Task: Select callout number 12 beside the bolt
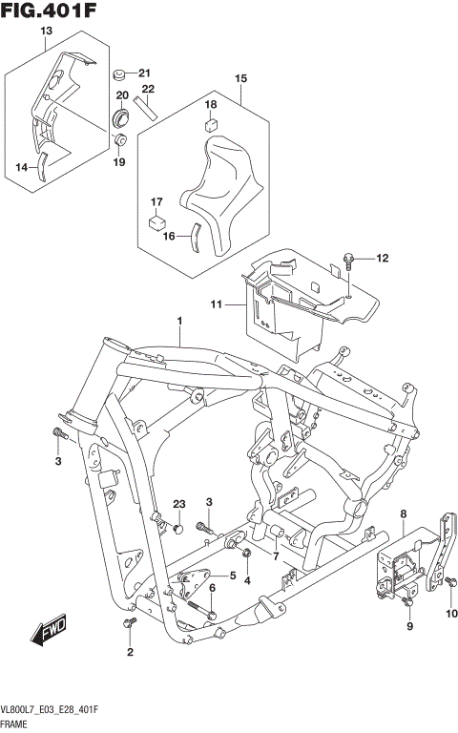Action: tap(383, 259)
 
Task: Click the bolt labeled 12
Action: tap(349, 258)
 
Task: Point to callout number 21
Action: tap(144, 73)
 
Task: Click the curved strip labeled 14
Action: tap(42, 168)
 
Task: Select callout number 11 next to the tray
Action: tap(216, 305)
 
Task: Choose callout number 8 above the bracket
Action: tap(403, 515)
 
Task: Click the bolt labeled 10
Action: tap(448, 581)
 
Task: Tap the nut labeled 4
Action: tap(246, 555)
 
